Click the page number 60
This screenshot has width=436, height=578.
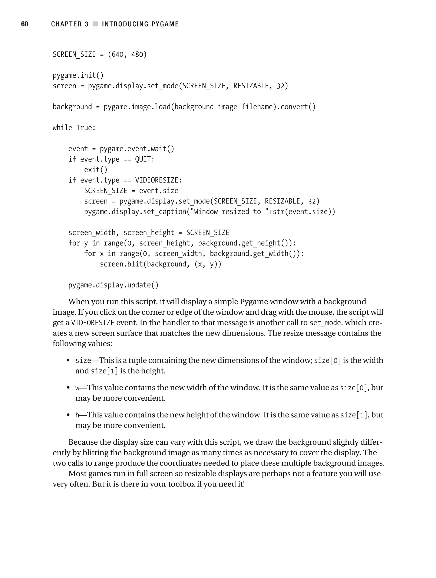point(24,24)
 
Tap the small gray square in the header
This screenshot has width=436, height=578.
point(95,24)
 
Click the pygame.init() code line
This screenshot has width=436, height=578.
point(78,76)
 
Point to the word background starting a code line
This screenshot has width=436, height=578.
point(72,107)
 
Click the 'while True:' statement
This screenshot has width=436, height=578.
point(74,128)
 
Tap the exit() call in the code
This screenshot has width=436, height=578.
point(95,170)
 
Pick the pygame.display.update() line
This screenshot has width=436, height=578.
point(113,285)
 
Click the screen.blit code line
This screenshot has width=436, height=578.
point(160,264)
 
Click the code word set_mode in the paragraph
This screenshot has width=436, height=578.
point(325,323)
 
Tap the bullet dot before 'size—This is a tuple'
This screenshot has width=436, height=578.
point(68,361)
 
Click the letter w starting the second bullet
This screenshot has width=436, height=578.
point(77,388)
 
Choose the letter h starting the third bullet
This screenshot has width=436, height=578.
point(77,415)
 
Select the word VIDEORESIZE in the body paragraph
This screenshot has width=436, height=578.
point(93,323)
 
